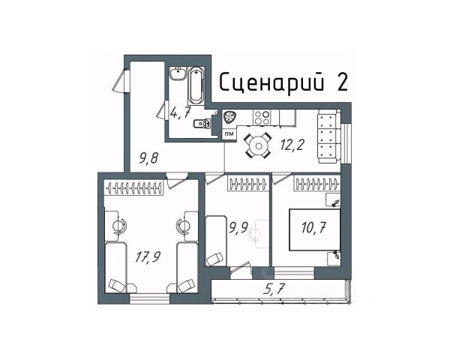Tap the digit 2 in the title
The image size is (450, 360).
(343, 82)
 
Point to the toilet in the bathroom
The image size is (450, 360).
(199, 124)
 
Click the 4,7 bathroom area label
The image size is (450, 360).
(180, 114)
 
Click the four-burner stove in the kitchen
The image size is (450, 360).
(262, 118)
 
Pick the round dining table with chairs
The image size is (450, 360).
(257, 146)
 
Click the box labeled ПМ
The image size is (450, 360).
(229, 133)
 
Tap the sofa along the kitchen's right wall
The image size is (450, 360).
(328, 136)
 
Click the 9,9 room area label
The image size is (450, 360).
(238, 226)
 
